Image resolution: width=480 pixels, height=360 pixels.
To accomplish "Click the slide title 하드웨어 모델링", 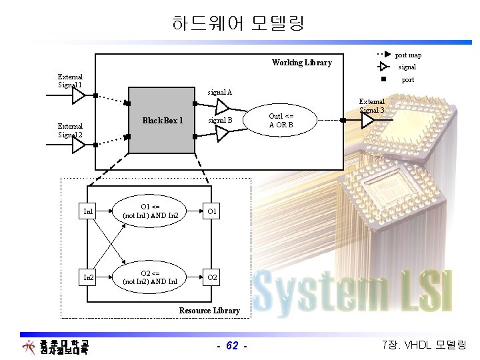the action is (237, 25).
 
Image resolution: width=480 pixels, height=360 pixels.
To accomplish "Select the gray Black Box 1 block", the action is (161, 120).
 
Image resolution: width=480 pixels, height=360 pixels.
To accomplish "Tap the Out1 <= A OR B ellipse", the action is (281, 121).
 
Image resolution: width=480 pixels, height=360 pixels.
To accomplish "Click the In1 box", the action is (88, 212).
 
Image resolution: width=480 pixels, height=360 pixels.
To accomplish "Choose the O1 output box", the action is (211, 212).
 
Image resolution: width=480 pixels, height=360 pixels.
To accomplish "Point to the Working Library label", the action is (301, 63).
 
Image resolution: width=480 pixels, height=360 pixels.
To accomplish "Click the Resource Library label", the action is (209, 311).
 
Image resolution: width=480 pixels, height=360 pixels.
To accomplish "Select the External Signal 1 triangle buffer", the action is (79, 95).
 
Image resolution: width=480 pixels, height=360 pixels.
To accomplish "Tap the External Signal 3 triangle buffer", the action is (368, 120).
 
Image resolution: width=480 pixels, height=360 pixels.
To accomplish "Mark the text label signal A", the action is (220, 92).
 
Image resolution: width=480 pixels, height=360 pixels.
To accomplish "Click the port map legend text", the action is (408, 55).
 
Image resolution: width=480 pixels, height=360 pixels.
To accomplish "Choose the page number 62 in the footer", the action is (232, 345).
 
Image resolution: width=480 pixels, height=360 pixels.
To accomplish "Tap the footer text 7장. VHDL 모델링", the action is (424, 345).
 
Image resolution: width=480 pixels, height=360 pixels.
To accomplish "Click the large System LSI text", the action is (353, 291).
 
